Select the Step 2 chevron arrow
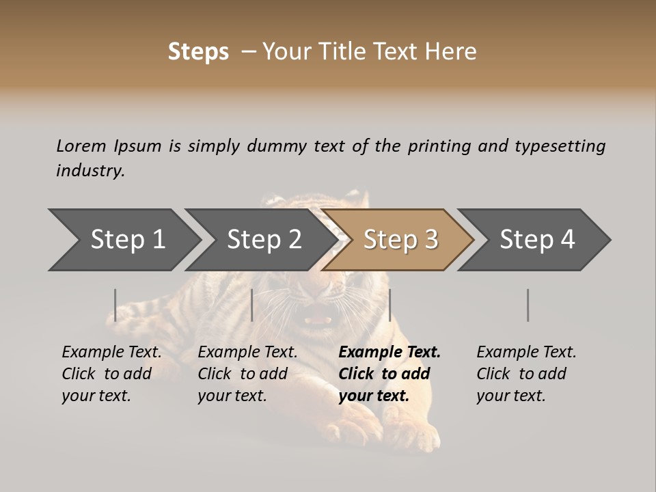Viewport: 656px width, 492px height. tap(264, 240)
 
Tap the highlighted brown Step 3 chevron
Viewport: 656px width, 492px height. tap(400, 240)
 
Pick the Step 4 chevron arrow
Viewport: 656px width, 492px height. tap(537, 240)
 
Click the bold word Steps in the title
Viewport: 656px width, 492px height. tap(198, 52)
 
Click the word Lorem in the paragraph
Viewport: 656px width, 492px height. tap(81, 146)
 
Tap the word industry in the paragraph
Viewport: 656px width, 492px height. tap(90, 171)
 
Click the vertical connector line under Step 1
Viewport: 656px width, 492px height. tap(115, 305)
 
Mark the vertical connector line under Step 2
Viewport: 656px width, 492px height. tap(252, 305)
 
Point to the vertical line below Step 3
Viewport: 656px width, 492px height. tap(389, 305)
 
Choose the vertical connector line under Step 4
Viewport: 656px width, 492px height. tap(528, 305)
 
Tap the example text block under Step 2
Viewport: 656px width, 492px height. tap(247, 374)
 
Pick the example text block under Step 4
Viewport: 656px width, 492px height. tap(525, 374)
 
